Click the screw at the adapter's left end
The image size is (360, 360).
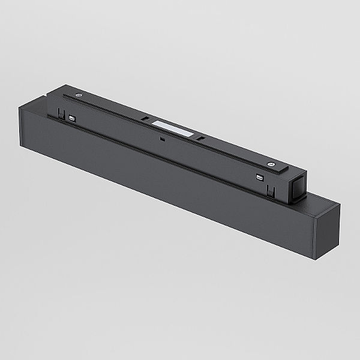pos(79,95)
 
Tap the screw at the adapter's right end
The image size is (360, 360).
pos(271,164)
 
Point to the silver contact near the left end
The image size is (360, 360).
pos(73,118)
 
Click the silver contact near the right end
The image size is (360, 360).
pos(259,177)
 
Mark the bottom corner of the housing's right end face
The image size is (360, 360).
pos(314,258)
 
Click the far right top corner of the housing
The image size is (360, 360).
pos(339,205)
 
